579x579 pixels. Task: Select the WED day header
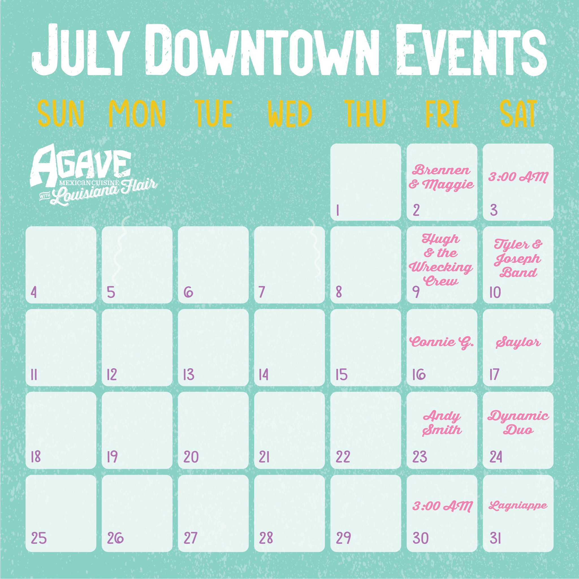pyautogui.click(x=289, y=114)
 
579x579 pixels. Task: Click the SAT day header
pyautogui.click(x=518, y=114)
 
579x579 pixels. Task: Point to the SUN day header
pyautogui.click(x=61, y=114)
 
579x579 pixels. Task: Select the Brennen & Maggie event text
pyautogui.click(x=441, y=178)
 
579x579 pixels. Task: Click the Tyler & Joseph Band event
pyautogui.click(x=518, y=258)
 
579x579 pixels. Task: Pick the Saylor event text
pyautogui.click(x=518, y=343)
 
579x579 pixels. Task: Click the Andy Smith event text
pyautogui.click(x=442, y=423)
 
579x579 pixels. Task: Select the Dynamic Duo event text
pyautogui.click(x=518, y=423)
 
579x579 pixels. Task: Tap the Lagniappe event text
pyautogui.click(x=518, y=506)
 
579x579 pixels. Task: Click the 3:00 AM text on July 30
pyautogui.click(x=442, y=506)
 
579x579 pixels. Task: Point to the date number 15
pyautogui.click(x=341, y=375)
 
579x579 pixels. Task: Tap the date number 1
pyautogui.click(x=338, y=210)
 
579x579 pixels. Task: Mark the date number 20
pyautogui.click(x=191, y=457)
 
